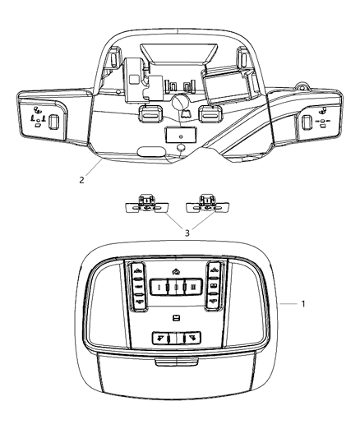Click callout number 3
(x=187, y=233)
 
